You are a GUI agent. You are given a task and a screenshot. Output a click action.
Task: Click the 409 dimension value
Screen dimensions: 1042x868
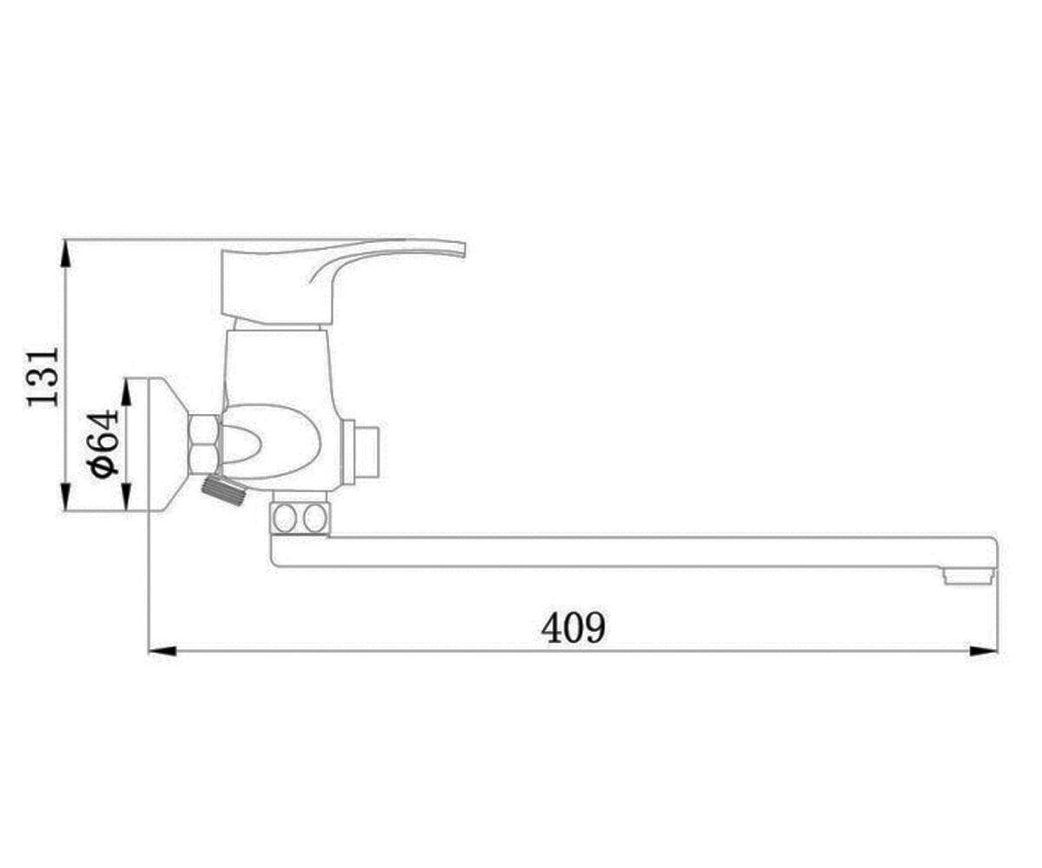click(x=573, y=627)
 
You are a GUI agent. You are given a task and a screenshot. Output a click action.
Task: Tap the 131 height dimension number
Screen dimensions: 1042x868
click(x=43, y=377)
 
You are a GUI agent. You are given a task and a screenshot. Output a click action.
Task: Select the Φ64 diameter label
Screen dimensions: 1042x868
click(x=103, y=444)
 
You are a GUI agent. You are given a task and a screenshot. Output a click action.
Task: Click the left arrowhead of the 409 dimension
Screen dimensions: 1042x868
click(x=162, y=651)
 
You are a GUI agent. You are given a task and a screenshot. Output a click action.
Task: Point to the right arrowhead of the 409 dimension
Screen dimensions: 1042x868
click(x=983, y=651)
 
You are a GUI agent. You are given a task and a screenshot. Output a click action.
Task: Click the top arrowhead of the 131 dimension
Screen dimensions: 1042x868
click(x=65, y=253)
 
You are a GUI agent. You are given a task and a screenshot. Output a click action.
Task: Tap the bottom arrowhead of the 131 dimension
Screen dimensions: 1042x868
click(x=65, y=496)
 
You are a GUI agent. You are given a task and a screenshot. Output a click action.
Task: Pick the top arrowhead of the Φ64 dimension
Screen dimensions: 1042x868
click(x=127, y=392)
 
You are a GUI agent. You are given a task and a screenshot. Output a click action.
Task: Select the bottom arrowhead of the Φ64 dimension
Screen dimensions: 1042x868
click(x=127, y=496)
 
